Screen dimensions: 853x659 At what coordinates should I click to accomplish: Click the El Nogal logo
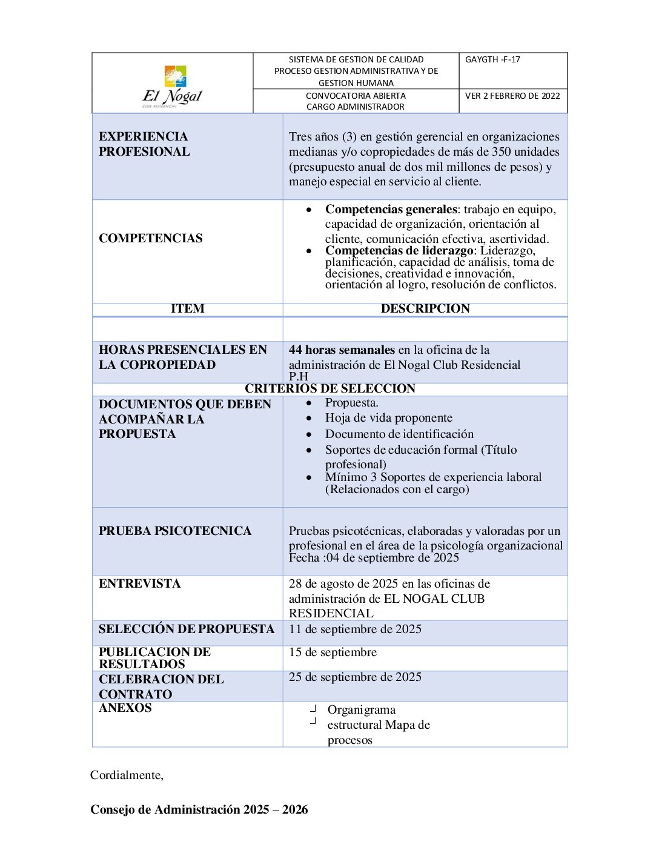click(x=173, y=85)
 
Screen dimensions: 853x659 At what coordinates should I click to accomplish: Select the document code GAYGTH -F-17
click(x=492, y=59)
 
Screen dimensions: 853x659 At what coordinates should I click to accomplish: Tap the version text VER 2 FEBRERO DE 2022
click(x=512, y=96)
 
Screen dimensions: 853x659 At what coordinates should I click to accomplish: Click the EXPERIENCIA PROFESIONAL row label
click(x=144, y=144)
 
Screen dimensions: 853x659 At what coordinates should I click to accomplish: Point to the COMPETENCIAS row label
click(x=151, y=238)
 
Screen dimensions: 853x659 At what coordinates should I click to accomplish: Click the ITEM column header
click(x=187, y=308)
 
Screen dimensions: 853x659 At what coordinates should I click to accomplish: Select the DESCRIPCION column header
click(x=425, y=308)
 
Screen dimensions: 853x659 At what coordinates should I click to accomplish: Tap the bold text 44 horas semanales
click(x=342, y=350)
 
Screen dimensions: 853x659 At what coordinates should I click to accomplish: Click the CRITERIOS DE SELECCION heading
click(x=330, y=388)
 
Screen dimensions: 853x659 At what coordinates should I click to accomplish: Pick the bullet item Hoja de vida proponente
click(x=388, y=417)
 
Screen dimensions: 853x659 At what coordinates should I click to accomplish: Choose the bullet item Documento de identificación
click(x=399, y=434)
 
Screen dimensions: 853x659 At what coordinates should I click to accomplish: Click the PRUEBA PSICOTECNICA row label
click(x=175, y=531)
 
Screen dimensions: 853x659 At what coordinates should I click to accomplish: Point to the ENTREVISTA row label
click(x=140, y=583)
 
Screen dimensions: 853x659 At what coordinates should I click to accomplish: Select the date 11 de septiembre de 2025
click(x=355, y=629)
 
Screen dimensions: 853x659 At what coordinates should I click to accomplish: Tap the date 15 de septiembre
click(x=333, y=652)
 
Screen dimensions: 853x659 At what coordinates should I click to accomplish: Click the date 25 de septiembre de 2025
click(x=355, y=677)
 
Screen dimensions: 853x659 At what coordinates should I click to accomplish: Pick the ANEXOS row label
click(x=125, y=708)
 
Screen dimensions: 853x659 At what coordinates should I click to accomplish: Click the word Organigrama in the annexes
click(x=362, y=709)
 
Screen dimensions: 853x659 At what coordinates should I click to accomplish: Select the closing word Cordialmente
click(x=127, y=775)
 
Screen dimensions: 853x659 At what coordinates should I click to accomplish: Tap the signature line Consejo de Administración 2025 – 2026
click(x=199, y=809)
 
